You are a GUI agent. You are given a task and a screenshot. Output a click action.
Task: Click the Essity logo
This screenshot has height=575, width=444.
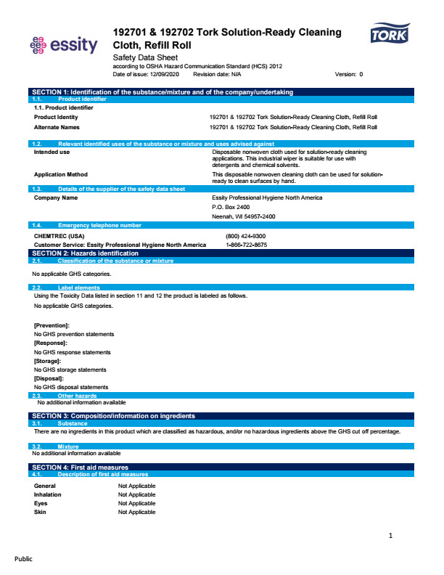pos(63,45)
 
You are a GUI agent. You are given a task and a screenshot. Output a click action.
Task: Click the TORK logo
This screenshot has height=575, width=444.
pos(390,35)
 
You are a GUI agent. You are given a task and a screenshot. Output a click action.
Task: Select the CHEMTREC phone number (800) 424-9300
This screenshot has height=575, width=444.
pos(246,236)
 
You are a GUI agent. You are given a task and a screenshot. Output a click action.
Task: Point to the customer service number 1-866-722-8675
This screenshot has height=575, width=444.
pos(247,245)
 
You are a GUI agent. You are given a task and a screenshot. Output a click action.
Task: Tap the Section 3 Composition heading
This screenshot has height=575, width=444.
pos(114,416)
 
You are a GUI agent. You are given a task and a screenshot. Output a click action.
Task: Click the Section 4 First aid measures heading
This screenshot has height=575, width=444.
pos(81,467)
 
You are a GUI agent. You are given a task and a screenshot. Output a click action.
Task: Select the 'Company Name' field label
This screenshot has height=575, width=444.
pos(56,197)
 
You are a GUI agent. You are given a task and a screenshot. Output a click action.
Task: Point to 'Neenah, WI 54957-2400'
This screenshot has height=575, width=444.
pos(244,216)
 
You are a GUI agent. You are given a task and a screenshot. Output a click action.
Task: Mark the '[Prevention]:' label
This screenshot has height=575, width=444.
pos(52,325)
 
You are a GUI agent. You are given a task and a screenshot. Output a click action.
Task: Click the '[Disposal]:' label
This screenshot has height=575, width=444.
pos(49,378)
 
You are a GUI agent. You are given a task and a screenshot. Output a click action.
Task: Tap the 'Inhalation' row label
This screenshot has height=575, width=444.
pos(48,494)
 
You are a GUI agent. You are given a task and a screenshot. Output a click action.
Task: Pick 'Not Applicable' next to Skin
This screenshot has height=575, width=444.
pos(136,512)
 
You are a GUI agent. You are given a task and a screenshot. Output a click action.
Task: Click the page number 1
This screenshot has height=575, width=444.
pos(390,536)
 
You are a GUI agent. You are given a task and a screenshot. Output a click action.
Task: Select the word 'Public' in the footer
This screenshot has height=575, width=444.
pos(24,559)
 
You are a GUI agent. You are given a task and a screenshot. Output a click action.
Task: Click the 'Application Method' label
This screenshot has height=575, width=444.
pos(61,174)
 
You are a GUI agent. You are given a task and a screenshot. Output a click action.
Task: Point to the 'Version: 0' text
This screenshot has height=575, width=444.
pos(349,74)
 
